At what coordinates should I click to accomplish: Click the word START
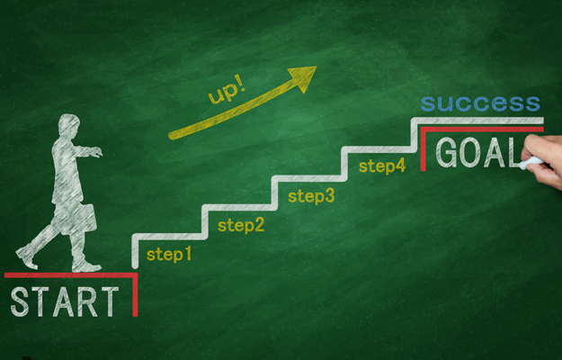point(64,301)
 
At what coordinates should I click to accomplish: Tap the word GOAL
point(477,153)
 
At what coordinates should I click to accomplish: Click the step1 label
point(169,255)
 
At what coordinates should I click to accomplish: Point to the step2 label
point(240,225)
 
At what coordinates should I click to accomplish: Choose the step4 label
point(382,166)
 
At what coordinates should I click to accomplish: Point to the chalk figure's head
point(67,127)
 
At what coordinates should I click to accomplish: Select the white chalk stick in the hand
point(532,163)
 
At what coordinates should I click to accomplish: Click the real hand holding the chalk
point(545,157)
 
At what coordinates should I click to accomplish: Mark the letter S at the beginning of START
point(19,301)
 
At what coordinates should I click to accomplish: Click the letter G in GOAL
point(447,153)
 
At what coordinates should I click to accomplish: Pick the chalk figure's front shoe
point(87,265)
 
